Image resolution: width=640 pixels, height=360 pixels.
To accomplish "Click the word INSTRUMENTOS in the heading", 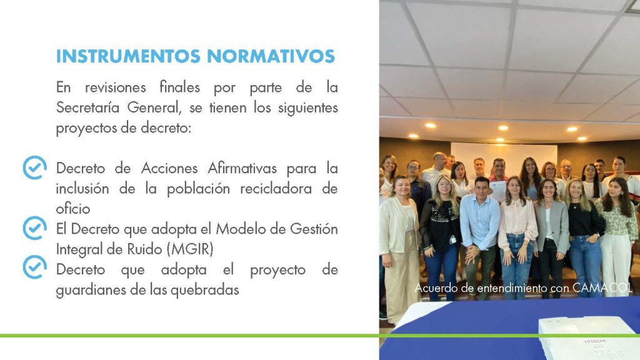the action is click(128, 56).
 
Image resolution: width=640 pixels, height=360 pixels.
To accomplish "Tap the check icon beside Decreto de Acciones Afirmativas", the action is click(34, 167).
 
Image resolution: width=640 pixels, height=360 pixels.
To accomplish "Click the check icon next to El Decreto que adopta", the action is click(34, 227).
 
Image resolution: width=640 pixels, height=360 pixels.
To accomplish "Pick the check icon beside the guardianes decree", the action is click(34, 267).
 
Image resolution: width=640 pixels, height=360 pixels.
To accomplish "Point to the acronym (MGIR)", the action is click(190, 249).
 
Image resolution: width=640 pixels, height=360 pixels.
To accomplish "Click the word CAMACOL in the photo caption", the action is click(602, 287).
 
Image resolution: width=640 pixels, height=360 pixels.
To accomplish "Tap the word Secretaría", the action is click(88, 107).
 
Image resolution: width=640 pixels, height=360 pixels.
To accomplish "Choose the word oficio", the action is click(72, 209).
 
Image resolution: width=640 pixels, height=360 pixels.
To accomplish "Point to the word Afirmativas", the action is click(242, 168).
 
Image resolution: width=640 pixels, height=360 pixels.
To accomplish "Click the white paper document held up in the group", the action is click(497, 190).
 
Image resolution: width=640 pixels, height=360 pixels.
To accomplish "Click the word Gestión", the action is click(314, 229).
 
